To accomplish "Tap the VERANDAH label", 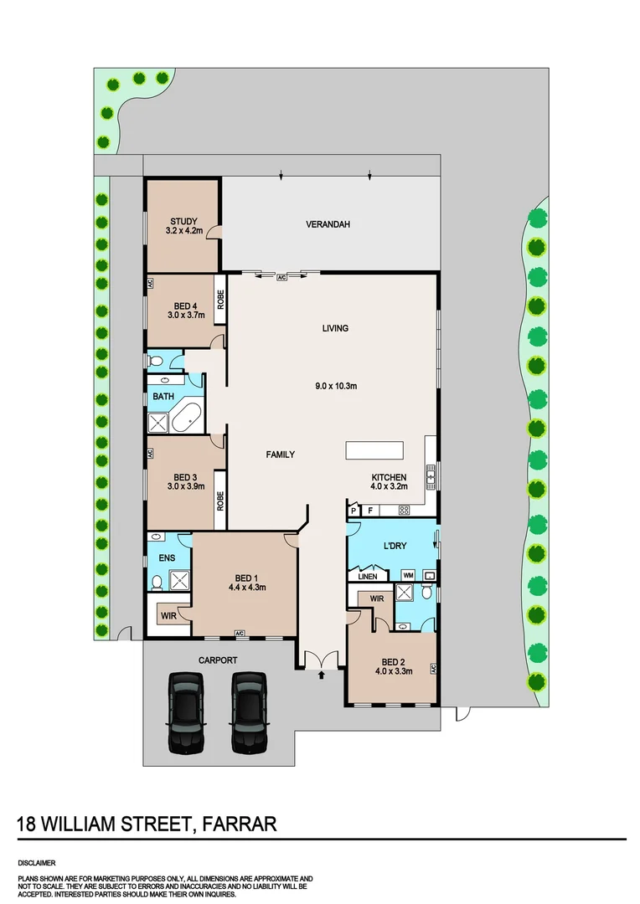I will (x=328, y=224).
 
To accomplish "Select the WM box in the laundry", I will (x=408, y=576).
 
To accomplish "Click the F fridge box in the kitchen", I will (x=370, y=510).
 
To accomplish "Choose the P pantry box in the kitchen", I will (x=354, y=510).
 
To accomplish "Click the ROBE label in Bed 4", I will (x=220, y=300).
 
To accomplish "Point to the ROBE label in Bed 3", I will (x=220, y=501).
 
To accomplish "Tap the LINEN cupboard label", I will (x=368, y=576).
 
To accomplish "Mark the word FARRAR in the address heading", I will (x=239, y=824).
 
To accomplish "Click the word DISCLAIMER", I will (x=36, y=861).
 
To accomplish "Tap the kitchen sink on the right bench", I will (x=431, y=477).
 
